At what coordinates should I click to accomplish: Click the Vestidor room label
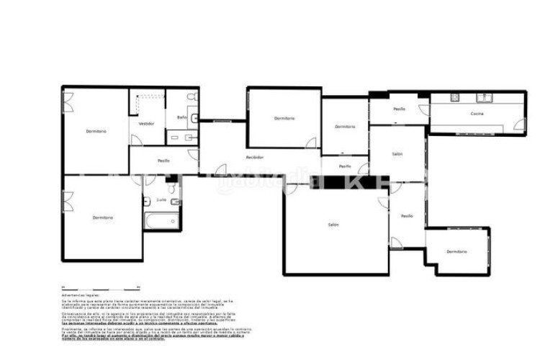click(x=147, y=124)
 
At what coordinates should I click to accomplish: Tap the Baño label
click(x=181, y=117)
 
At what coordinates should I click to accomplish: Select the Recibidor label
click(x=254, y=157)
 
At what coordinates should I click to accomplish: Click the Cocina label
click(x=477, y=114)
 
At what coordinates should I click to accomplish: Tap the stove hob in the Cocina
click(x=454, y=98)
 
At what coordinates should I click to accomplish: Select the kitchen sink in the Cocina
click(x=487, y=98)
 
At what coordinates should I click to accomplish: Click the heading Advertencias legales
click(x=81, y=295)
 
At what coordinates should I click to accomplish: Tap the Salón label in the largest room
click(x=333, y=225)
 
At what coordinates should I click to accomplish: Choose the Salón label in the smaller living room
click(x=397, y=154)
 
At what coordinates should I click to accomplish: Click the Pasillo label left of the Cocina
click(x=399, y=109)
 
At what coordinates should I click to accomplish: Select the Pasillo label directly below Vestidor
click(x=163, y=161)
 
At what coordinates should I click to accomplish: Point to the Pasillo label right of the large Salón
click(x=407, y=216)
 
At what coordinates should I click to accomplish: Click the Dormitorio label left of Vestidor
click(x=96, y=131)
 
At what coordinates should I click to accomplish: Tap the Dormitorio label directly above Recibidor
click(x=284, y=118)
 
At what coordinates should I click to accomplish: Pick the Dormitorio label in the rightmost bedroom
click(x=456, y=252)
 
